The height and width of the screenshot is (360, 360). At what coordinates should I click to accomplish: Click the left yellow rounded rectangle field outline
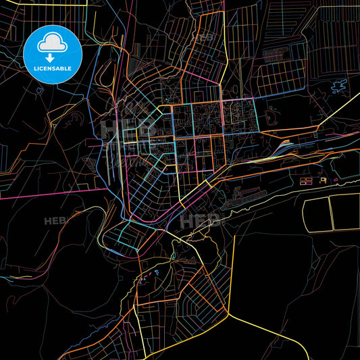point(315,214)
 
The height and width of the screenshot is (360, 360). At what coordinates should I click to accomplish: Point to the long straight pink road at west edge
point(47,192)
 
